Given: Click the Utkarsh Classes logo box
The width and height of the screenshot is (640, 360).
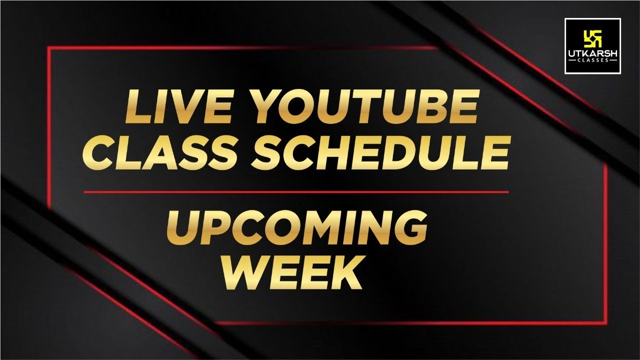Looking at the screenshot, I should pos(592,46).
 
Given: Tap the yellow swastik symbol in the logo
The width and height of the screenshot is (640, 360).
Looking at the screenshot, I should pos(592,37).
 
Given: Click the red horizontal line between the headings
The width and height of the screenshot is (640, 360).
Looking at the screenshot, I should pos(296,191).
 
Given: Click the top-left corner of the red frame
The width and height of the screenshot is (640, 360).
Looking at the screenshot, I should pos(48,48).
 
